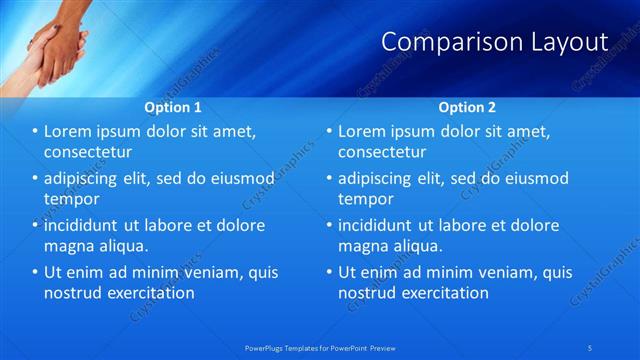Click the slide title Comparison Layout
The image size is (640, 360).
pos(495,42)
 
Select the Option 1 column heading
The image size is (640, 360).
pos(173,107)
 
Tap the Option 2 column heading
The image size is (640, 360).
pos(467,107)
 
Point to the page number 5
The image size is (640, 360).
pos(591,347)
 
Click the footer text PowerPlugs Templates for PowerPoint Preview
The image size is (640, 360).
pos(320,347)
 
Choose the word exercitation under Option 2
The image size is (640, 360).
pos(444,293)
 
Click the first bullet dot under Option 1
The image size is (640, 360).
pos(35,132)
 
